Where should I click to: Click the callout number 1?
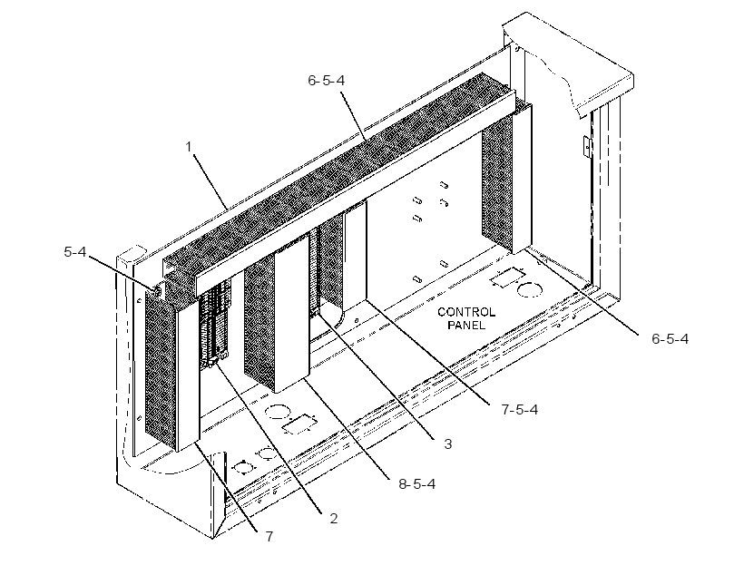pyautogui.click(x=189, y=147)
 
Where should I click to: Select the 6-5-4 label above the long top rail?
pyautogui.click(x=327, y=81)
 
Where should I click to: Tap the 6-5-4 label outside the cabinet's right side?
pyautogui.click(x=670, y=338)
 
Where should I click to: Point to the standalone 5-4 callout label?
pyautogui.click(x=75, y=252)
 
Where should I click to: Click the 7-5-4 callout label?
pyautogui.click(x=520, y=409)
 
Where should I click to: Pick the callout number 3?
pyautogui.click(x=448, y=444)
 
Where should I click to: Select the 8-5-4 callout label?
pyautogui.click(x=417, y=484)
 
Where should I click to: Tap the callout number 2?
pyautogui.click(x=334, y=519)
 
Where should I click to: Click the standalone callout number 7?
pyautogui.click(x=269, y=537)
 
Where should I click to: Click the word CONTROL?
pyautogui.click(x=466, y=312)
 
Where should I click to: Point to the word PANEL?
pyautogui.click(x=466, y=326)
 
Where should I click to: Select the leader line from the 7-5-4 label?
pyautogui.click(x=428, y=353)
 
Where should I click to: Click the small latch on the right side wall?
pyautogui.click(x=587, y=146)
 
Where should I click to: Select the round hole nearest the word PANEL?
pyautogui.click(x=529, y=289)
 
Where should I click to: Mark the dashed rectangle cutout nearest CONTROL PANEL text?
pyautogui.click(x=509, y=278)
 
